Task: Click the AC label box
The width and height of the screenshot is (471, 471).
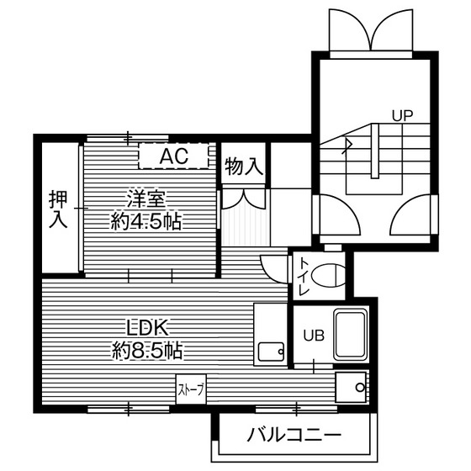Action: tap(174, 156)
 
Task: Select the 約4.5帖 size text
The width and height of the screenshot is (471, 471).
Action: tap(148, 222)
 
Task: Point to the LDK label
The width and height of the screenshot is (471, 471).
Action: tap(149, 325)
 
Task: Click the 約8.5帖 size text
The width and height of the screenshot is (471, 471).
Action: tap(148, 348)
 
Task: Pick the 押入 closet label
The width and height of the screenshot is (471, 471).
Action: tap(57, 209)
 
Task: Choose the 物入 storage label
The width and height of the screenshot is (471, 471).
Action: tap(245, 166)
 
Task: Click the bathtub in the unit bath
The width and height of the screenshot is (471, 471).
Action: tap(351, 335)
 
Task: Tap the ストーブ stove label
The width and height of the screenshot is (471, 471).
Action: tap(191, 390)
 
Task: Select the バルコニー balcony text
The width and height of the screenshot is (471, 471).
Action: tap(294, 436)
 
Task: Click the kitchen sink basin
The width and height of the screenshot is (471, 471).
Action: tap(271, 352)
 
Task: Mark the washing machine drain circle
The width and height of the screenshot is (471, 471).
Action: tap(360, 388)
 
